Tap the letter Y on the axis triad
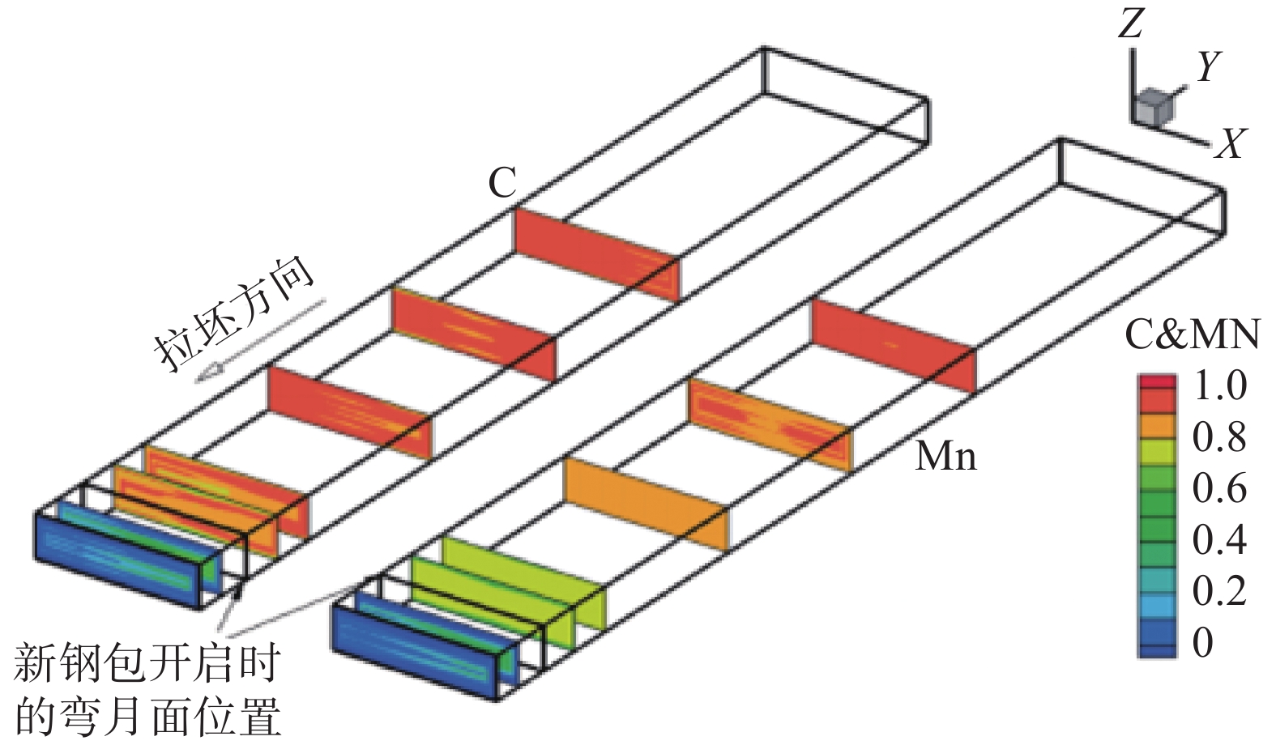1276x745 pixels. pos(1207,66)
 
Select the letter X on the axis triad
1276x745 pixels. pos(1231,143)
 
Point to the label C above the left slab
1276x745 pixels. pos(502,183)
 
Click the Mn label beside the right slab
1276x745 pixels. pos(945,458)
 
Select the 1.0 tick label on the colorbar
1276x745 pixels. pos(1219,386)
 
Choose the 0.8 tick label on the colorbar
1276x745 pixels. pos(1219,437)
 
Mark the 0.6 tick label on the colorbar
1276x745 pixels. pos(1219,488)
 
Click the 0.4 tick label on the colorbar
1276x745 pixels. pos(1219,539)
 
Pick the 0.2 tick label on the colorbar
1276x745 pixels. pos(1219,591)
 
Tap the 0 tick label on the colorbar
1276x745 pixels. pos(1204,642)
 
